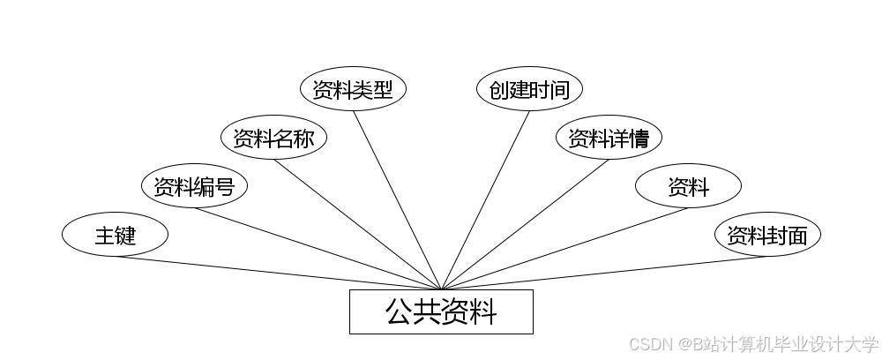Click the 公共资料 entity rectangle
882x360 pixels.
point(441,311)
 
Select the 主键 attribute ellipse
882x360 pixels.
point(115,236)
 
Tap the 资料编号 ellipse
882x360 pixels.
point(194,187)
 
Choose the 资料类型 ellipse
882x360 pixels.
point(353,90)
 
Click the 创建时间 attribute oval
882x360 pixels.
point(529,90)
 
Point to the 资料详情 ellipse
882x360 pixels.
point(609,139)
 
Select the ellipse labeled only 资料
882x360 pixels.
point(688,187)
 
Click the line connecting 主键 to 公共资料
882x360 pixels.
point(278,273)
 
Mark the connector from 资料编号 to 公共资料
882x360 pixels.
point(318,249)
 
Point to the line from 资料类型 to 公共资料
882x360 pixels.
point(397,200)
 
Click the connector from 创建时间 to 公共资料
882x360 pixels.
point(485,200)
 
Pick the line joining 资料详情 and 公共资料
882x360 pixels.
point(525,224)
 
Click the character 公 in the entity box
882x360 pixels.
point(399,311)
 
